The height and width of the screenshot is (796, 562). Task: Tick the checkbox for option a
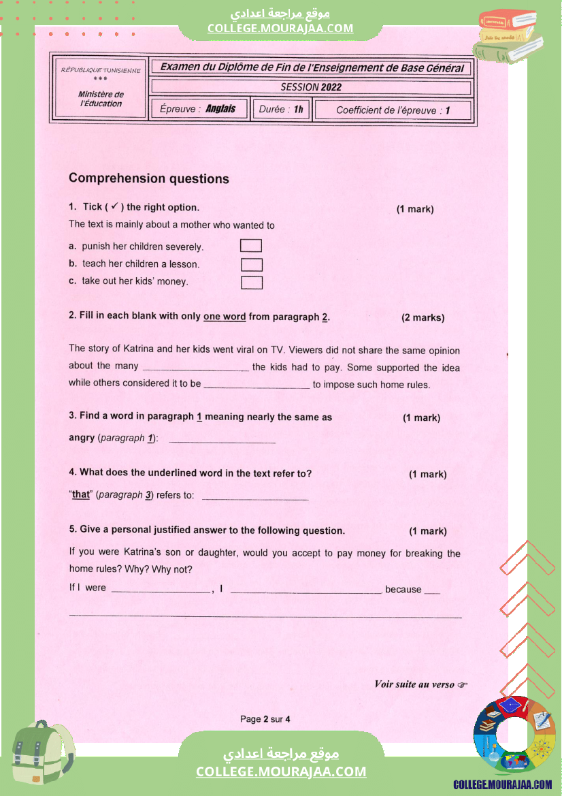coord(251,246)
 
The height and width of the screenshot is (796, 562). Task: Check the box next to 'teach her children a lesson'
coord(251,264)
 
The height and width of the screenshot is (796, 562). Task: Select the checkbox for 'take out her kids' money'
coord(251,282)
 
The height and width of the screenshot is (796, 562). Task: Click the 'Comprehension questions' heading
coord(149,179)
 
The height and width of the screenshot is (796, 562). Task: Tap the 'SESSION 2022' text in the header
coord(311,87)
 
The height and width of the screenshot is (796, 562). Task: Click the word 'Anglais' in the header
coord(220,109)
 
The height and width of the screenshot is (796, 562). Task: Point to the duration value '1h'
coord(299,109)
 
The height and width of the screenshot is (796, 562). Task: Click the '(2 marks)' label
coord(423,318)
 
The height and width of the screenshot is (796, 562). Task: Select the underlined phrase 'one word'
coord(225,317)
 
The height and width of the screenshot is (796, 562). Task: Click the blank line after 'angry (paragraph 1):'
coord(222,441)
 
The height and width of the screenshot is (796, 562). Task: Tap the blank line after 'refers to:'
coord(255,498)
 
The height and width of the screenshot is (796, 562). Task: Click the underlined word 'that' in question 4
coord(81,495)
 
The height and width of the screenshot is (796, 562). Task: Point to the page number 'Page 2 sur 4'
coord(265,719)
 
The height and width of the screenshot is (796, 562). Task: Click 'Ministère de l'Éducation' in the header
coord(101,99)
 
